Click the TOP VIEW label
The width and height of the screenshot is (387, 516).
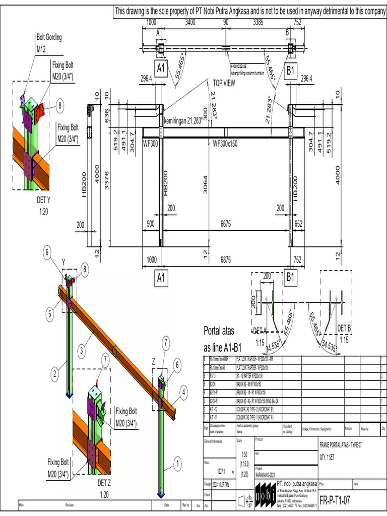224,84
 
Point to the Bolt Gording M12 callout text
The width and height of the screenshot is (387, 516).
49,43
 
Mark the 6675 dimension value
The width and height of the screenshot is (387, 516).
225,222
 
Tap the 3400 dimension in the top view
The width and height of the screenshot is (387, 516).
190,22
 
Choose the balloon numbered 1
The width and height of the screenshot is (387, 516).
177,460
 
